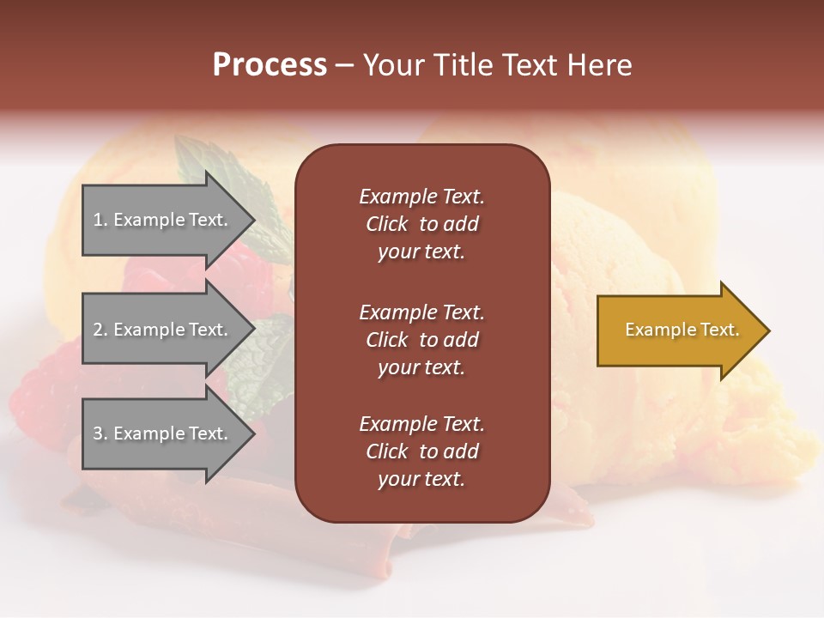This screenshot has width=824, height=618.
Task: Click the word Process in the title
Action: [270, 65]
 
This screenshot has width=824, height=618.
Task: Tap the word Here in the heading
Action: [597, 65]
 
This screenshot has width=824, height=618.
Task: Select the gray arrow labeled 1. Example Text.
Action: [163, 220]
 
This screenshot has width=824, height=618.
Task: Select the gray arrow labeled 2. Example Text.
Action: [163, 330]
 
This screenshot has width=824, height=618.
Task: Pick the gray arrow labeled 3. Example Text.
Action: [163, 433]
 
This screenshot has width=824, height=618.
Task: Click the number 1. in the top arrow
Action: [100, 220]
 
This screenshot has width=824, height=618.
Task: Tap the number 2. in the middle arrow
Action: [100, 330]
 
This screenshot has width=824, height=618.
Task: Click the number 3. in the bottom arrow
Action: [100, 433]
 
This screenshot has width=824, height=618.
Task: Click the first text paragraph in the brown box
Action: [421, 224]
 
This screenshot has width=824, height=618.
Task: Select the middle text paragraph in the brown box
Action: [421, 340]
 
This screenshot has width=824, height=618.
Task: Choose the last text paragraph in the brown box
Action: [421, 451]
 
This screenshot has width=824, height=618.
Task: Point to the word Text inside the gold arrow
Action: [720, 330]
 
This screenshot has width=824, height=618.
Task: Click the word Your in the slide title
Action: [395, 65]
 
